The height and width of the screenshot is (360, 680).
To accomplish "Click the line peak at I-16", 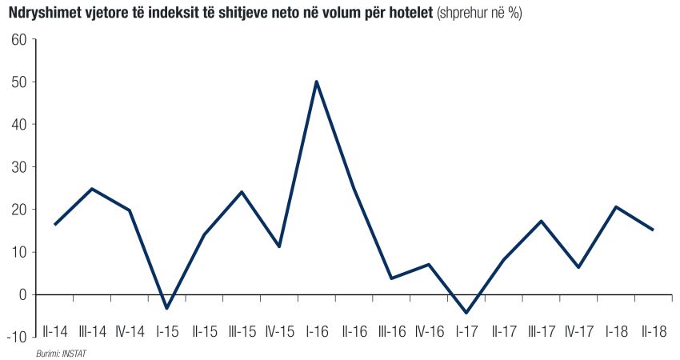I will pos(317,82).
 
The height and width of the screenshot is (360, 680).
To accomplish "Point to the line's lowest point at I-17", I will pos(466,313).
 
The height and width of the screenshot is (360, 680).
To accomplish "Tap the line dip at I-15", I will pos(167,308).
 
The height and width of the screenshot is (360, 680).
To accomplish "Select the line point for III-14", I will pos(92,189).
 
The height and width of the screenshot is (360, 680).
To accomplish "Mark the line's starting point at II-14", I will pos(54,224).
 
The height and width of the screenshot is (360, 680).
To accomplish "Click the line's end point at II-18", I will pos(653,230).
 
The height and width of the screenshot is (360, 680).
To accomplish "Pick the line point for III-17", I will pos(541,221).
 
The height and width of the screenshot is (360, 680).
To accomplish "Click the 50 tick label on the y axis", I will pos(19,82).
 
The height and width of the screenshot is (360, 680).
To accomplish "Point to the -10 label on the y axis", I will pos(17,337).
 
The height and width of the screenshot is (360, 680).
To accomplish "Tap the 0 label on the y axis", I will pos(22,294).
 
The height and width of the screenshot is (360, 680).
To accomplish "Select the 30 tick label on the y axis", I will pos(19,167).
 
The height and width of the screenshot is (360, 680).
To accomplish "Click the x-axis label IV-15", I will pos(279,330).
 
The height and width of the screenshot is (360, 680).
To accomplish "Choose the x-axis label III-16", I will pos(391,330).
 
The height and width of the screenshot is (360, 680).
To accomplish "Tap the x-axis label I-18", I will pos(615,330).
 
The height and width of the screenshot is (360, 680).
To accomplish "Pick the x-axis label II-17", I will pos(503,330).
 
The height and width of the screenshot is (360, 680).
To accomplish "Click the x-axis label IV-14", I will pos(130,330).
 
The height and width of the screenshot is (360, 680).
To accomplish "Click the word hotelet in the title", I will pos(407,14).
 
